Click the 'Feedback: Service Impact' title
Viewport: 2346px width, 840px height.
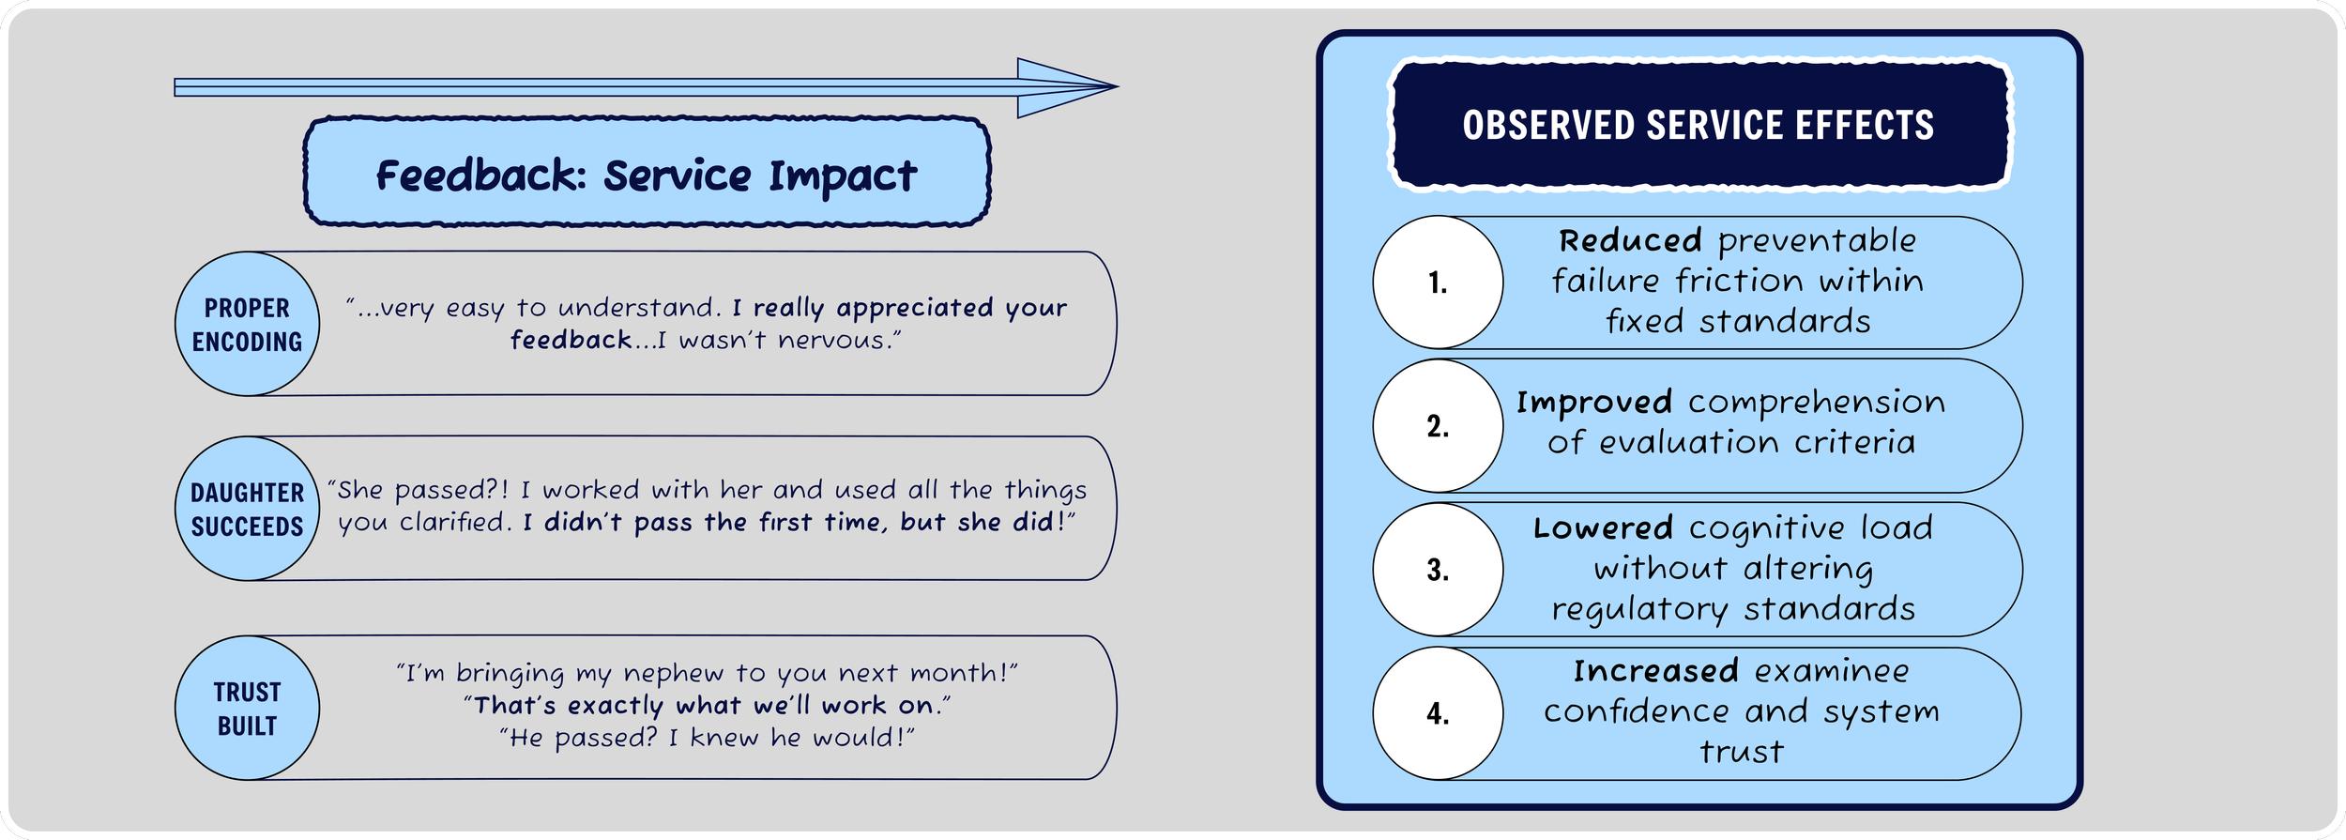pos(647,175)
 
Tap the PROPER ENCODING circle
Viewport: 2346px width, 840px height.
pos(247,324)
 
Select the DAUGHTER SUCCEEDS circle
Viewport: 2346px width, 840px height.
pos(247,509)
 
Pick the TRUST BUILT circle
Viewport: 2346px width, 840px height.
pos(247,708)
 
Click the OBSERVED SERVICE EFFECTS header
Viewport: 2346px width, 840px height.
pos(1699,126)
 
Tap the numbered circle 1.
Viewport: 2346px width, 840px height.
pos(1438,283)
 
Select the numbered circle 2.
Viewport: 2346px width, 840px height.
pos(1438,426)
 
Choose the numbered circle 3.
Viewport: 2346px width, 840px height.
pos(1438,570)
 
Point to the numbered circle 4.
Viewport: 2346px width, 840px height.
pos(1438,713)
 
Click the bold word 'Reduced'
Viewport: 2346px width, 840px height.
pos(1630,241)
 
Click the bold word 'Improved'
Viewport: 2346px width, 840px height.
pos(1593,403)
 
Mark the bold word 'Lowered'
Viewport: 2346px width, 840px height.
pos(1603,528)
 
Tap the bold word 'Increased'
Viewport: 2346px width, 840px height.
pos(1655,672)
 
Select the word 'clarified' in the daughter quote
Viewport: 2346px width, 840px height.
pos(455,522)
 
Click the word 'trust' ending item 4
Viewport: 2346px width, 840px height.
pos(1742,753)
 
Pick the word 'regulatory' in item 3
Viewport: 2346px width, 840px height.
pos(1639,610)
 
